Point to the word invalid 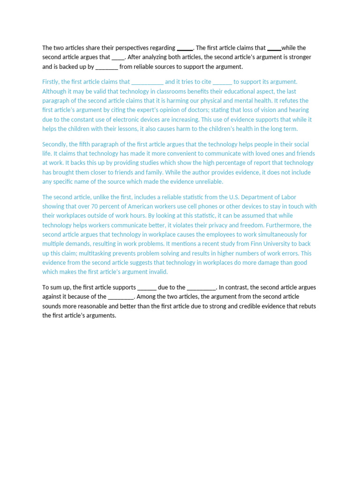coord(157,272)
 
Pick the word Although coord(54,91)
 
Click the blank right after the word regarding coord(185,48)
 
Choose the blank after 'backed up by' coord(106,67)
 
